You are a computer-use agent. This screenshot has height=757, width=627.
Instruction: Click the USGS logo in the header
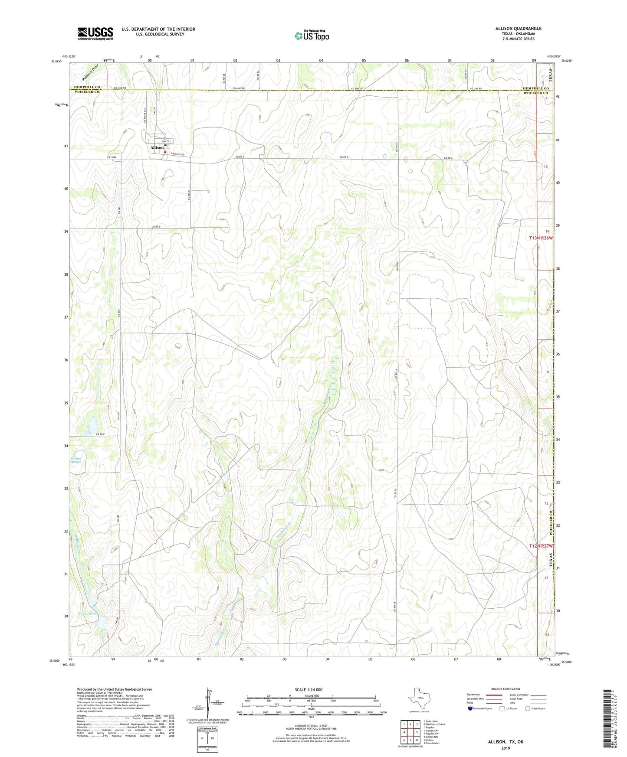point(95,33)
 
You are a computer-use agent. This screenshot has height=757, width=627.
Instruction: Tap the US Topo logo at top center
point(311,36)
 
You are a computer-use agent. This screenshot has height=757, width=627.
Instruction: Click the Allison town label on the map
point(157,147)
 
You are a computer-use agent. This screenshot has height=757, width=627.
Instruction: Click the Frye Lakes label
point(88,613)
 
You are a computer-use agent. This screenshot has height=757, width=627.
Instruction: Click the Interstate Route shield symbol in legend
point(471,708)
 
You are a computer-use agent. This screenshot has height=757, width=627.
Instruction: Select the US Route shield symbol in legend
point(502,708)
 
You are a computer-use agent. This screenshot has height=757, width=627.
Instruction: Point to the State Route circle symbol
point(527,708)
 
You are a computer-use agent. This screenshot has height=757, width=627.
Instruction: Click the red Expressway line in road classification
point(494,695)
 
